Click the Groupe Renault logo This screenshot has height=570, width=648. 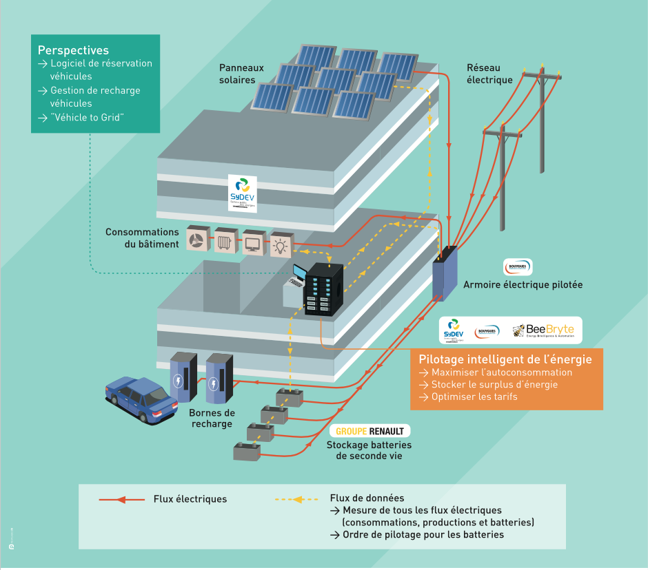pyautogui.click(x=371, y=432)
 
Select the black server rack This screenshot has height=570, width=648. pyautogui.click(x=323, y=289)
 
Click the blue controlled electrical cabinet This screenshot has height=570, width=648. pyautogui.click(x=445, y=274)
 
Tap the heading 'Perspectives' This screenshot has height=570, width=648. pyautogui.click(x=73, y=50)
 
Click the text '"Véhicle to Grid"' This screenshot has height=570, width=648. pyautogui.click(x=87, y=117)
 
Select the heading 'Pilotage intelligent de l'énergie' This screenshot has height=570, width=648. pyautogui.click(x=505, y=359)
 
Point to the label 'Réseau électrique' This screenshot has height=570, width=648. pyautogui.click(x=489, y=74)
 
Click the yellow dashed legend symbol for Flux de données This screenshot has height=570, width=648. pyautogui.click(x=296, y=499)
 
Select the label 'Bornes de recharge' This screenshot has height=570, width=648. pyautogui.click(x=212, y=418)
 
